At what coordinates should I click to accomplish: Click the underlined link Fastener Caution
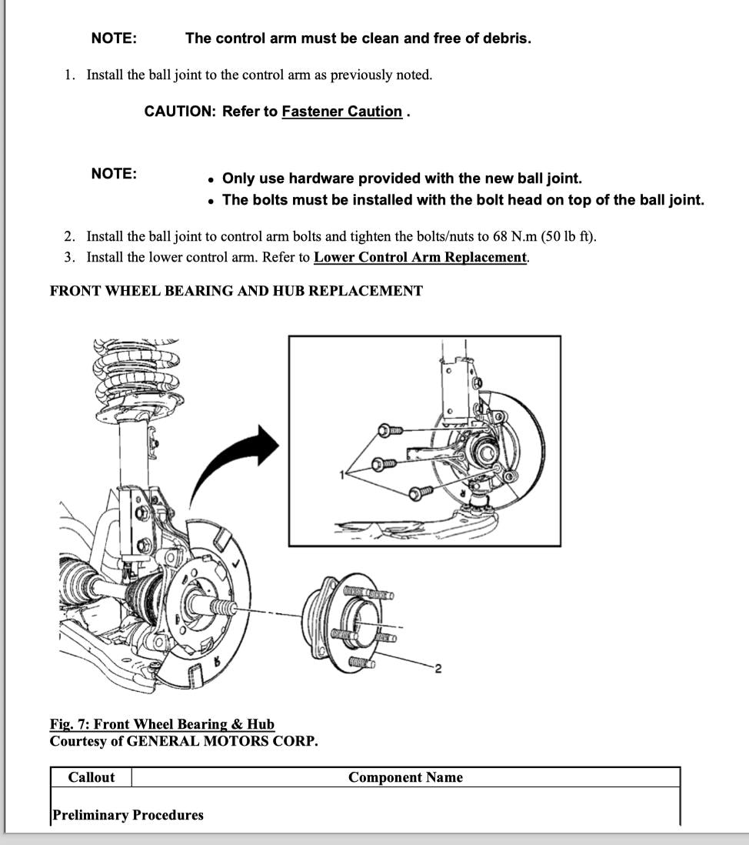coord(341,112)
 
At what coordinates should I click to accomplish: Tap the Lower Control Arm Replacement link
coord(421,257)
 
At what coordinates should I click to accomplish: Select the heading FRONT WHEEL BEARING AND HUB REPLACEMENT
coord(236,291)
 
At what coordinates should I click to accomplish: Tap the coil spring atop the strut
coord(137,369)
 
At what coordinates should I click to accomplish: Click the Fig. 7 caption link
coord(161,724)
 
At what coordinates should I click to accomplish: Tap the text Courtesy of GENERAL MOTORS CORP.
coord(184,741)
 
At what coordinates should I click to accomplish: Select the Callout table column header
coord(91,777)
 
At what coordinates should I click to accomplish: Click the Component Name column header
coord(405,777)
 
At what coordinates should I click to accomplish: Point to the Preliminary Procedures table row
coord(128,815)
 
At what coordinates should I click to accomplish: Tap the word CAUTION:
coord(181,112)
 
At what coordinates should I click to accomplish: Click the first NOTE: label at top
coord(114,38)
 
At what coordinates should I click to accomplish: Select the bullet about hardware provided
coord(401,179)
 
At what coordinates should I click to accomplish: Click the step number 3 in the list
coord(69,257)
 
